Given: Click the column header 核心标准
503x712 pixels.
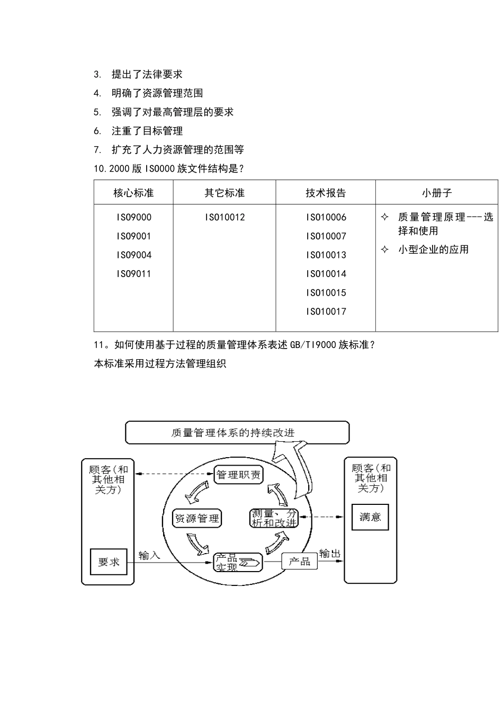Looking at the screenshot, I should click(133, 193).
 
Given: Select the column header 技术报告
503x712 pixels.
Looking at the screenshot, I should click(326, 193).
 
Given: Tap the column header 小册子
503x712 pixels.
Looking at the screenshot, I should click(437, 193).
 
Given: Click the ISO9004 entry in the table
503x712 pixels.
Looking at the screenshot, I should click(134, 255).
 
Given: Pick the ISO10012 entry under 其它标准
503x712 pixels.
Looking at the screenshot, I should click(224, 217).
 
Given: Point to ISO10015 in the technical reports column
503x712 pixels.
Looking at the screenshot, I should click(326, 292).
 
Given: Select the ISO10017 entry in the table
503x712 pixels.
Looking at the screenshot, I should click(326, 311).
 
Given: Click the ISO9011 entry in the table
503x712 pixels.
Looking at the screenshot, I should click(134, 274).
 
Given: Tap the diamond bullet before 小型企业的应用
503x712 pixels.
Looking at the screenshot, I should click(385, 250).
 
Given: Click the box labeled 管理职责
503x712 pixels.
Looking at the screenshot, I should click(239, 475).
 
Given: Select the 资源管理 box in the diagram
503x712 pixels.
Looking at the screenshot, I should click(197, 518).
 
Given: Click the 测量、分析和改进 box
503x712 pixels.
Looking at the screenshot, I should click(274, 518).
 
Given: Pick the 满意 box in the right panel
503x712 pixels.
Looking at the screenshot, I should click(370, 517).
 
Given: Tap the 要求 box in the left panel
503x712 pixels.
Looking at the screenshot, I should click(109, 562).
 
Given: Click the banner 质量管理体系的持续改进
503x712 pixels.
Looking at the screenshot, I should click(237, 432).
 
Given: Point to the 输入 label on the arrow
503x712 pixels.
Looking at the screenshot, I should click(149, 555).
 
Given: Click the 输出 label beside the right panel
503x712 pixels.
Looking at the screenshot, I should click(329, 554).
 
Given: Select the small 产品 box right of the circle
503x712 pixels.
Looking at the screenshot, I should click(299, 561).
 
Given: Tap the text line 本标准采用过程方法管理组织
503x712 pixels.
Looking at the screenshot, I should click(160, 364).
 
